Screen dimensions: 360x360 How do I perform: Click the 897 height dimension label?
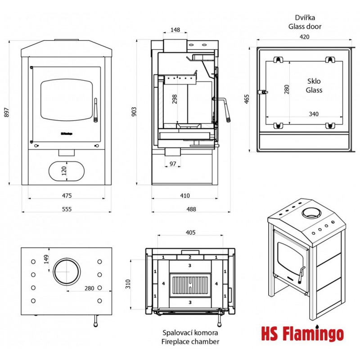7,112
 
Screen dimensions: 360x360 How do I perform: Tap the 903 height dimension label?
134,112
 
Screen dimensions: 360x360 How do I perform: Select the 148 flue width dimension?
175,30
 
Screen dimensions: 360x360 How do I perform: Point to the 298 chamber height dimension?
175,99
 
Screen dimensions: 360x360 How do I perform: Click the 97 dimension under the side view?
173,164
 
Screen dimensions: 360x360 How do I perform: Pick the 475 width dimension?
67,196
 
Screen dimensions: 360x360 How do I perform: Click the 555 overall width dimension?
67,209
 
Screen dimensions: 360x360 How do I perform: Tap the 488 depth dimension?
191,209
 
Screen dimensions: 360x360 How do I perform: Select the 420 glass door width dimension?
305,37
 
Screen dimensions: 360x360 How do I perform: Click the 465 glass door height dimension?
247,99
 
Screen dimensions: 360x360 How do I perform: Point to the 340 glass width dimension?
314,114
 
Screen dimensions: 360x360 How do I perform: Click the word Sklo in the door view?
314,81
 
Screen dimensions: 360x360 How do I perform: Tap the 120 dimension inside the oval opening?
64,171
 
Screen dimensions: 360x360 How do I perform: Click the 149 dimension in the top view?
46,259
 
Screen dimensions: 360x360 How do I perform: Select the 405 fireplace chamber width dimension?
190,233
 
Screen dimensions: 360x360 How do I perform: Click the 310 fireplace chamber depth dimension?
128,284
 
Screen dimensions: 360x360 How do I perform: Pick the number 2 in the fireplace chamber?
190,257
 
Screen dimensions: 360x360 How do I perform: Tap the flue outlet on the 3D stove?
311,213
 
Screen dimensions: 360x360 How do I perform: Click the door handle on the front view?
96,110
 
